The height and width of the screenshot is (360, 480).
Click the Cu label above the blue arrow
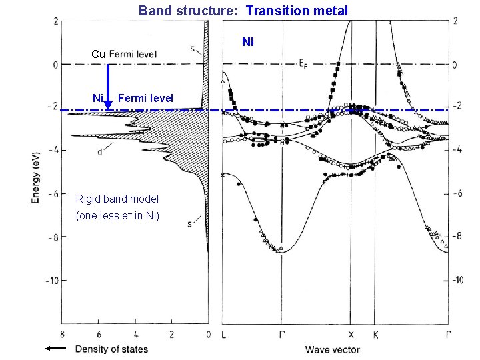(x=99, y=54)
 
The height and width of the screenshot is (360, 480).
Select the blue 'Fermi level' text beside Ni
(x=145, y=99)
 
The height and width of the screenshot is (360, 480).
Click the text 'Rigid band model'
(x=117, y=199)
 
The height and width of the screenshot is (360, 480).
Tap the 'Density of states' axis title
(x=111, y=349)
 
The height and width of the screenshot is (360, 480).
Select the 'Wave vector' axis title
(x=332, y=349)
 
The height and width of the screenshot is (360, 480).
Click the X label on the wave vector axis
(x=351, y=334)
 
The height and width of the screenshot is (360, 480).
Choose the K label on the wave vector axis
(x=375, y=334)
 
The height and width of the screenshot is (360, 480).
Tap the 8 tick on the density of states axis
(x=62, y=334)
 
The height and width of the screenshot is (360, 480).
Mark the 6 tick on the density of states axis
(x=99, y=334)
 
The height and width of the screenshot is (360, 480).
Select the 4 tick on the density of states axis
(x=135, y=334)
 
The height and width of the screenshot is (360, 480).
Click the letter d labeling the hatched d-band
(x=99, y=153)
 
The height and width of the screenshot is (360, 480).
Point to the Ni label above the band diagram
(x=248, y=42)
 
